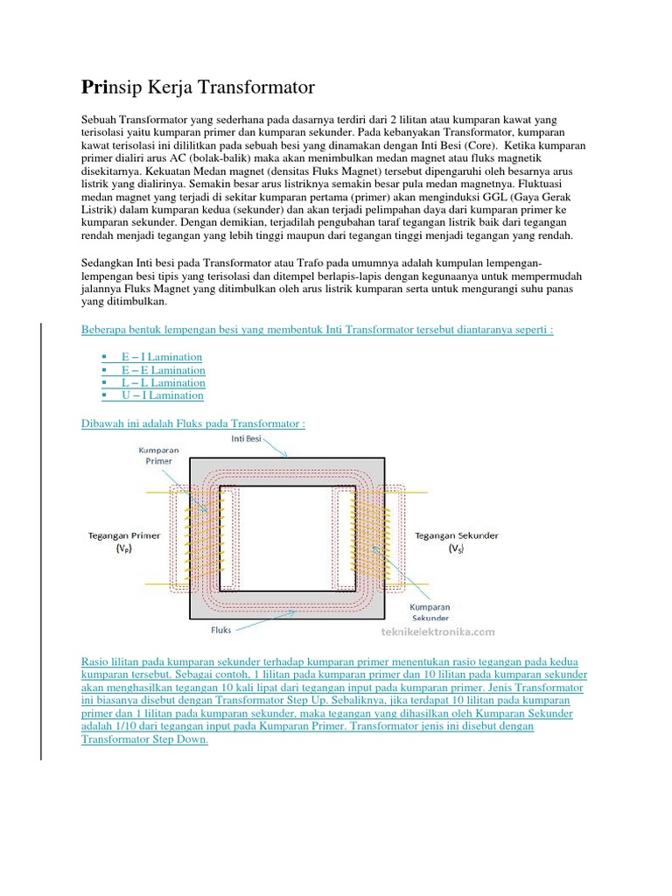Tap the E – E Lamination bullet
164,370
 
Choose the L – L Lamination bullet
164,383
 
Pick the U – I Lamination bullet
163,395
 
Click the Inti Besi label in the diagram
245,437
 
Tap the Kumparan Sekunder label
429,611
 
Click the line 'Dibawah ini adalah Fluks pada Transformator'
192,423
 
